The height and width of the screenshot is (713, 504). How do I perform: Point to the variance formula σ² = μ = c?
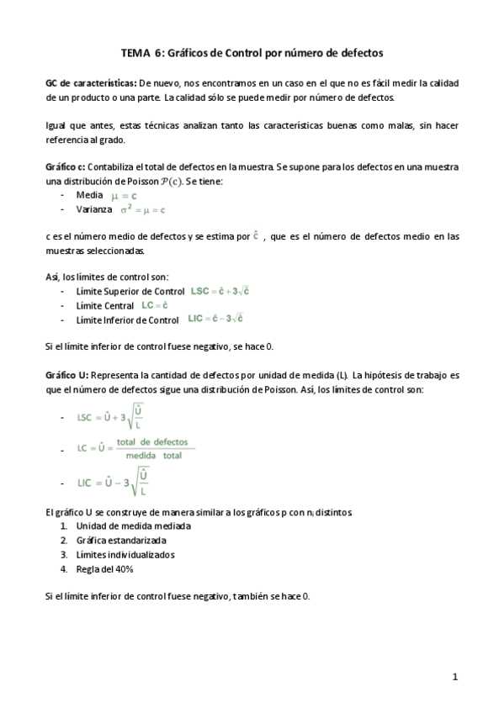140,209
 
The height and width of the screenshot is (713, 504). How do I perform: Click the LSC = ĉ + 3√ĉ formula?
218,291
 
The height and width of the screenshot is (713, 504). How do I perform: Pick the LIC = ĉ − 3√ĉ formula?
215,319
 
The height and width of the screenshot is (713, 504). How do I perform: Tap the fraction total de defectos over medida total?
152,449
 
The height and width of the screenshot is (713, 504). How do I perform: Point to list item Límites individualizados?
125,555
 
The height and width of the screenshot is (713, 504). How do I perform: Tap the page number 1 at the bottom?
454,676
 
